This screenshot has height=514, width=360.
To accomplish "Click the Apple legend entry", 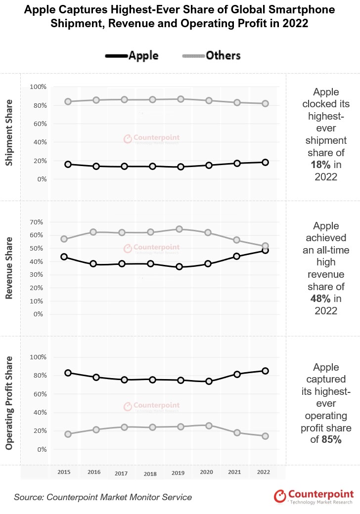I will (132, 55).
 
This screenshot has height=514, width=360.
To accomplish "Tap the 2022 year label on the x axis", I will (264, 472).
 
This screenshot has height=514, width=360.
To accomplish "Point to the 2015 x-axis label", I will (64, 472).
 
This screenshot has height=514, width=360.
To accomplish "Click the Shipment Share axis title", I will (9, 133).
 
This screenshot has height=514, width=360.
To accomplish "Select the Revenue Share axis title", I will (9, 268).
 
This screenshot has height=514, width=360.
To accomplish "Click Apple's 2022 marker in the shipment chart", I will (266, 162).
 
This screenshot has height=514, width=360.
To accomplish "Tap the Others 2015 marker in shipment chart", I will (68, 102).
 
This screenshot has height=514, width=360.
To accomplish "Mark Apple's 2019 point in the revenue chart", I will (180, 267).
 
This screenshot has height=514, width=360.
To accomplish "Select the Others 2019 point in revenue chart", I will (180, 229).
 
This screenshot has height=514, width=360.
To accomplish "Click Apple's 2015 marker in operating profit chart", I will (68, 373).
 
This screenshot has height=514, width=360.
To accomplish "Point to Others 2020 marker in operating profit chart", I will (209, 426).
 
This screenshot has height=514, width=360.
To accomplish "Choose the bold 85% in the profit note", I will (330, 439).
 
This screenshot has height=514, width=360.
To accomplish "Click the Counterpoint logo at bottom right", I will (314, 496).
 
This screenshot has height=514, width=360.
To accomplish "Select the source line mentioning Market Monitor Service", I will (103, 497).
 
